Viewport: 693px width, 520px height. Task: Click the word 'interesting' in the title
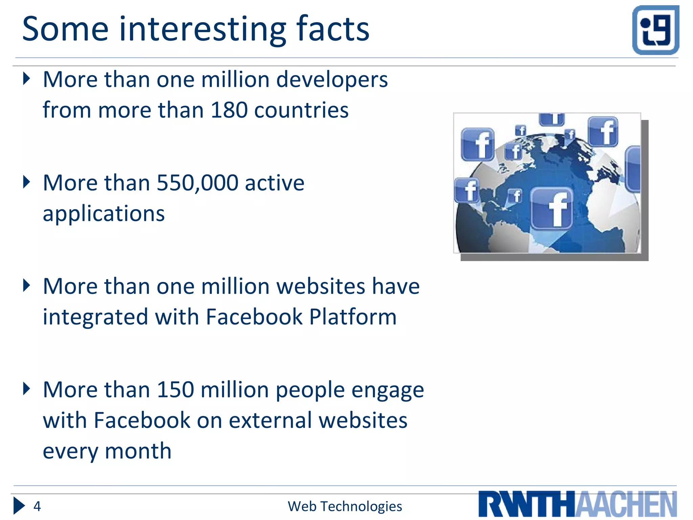(202, 30)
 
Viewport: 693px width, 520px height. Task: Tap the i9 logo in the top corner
(655, 30)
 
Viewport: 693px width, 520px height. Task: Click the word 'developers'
(332, 80)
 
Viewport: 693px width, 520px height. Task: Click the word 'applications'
(104, 214)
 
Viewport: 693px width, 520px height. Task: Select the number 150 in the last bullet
(175, 390)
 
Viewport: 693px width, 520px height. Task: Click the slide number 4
(37, 506)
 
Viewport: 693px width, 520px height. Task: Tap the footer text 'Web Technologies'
(345, 506)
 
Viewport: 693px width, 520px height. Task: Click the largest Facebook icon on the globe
(552, 209)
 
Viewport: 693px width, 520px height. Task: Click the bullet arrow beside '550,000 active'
(26, 182)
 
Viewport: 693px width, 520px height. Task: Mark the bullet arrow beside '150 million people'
(26, 389)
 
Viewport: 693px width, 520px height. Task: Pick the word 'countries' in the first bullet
(301, 110)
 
